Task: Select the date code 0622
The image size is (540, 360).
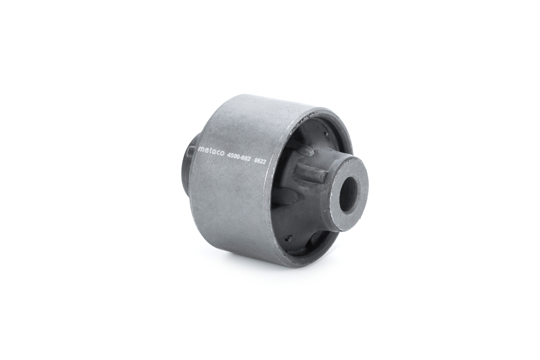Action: click(260, 162)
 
